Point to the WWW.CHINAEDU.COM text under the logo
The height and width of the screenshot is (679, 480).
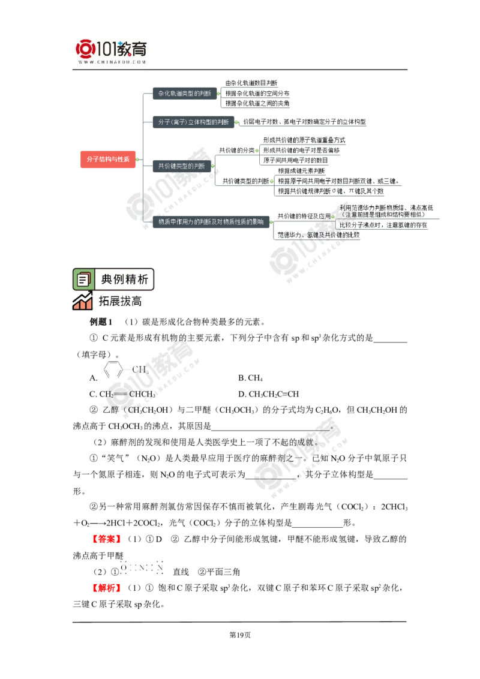click(x=112, y=61)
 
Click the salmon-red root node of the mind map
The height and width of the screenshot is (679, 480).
click(x=107, y=160)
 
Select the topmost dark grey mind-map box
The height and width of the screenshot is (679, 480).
click(x=183, y=93)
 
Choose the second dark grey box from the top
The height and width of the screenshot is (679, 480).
click(x=191, y=122)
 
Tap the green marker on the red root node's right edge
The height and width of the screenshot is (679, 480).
click(x=137, y=160)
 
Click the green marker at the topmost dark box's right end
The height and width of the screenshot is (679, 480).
click(x=219, y=93)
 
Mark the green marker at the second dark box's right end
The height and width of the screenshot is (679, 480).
click(x=237, y=123)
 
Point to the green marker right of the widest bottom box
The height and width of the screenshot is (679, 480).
click(x=271, y=222)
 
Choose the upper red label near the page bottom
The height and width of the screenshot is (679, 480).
click(x=107, y=539)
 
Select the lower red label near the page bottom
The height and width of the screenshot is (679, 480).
click(x=107, y=588)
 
